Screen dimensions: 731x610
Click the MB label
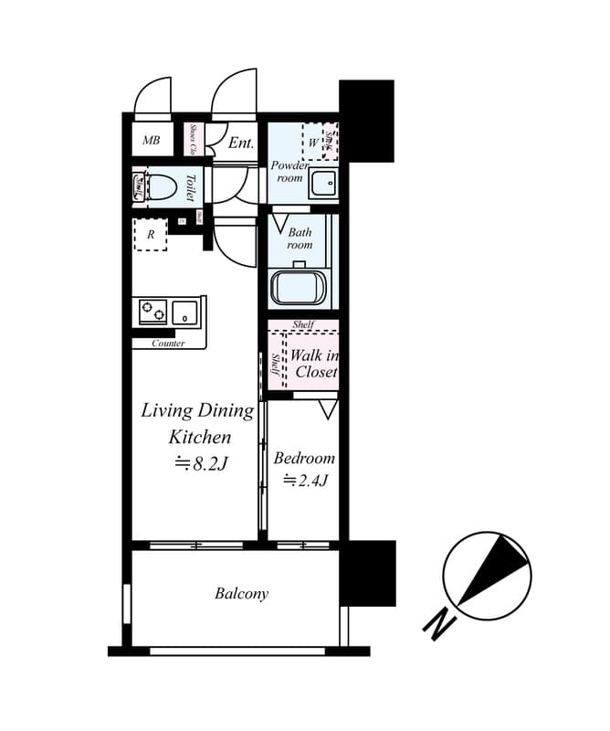tap(151, 141)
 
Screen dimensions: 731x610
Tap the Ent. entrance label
tap(241, 143)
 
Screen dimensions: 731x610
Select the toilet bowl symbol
tap(161, 187)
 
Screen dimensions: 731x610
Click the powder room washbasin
tap(324, 184)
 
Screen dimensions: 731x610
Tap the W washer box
tap(313, 143)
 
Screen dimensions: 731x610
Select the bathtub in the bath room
tap(298, 287)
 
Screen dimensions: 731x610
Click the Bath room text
tap(300, 238)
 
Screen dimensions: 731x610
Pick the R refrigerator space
tap(151, 235)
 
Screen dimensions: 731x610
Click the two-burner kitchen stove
tap(152, 313)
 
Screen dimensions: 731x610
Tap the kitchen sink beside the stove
tap(186, 313)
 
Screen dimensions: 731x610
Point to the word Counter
tap(168, 344)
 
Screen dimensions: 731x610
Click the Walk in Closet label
tap(314, 363)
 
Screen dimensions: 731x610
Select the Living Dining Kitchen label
tap(197, 423)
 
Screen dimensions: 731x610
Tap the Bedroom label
tap(304, 458)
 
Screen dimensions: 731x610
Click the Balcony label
tap(241, 594)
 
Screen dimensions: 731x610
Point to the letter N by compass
tap(439, 625)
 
